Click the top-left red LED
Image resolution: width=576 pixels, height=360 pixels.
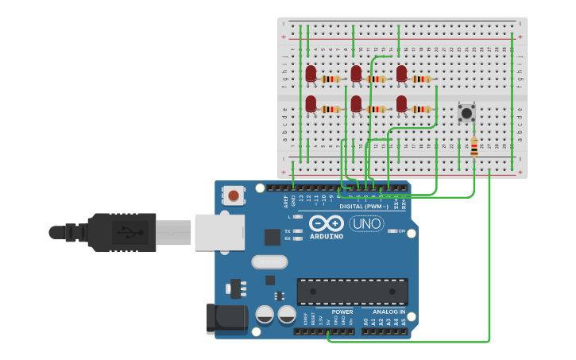(311, 74)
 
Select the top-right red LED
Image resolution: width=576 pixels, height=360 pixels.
(401, 74)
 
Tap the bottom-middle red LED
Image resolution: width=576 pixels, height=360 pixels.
(356, 103)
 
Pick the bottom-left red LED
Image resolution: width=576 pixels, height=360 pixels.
(311, 103)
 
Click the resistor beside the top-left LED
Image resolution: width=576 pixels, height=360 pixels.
(331, 79)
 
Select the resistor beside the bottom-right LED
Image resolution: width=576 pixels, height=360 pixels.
(422, 109)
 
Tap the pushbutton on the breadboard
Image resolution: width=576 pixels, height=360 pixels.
(466, 113)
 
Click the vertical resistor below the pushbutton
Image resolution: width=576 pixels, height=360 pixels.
(474, 148)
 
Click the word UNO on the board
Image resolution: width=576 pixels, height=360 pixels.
(366, 224)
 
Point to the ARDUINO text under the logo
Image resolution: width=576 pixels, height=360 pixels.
(327, 237)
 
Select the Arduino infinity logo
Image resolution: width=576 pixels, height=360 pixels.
(327, 223)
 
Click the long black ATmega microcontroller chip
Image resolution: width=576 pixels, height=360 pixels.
(352, 292)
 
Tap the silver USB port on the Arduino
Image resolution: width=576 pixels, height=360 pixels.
(219, 232)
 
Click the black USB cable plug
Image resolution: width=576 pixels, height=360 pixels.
(119, 232)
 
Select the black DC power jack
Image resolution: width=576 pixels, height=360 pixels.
(226, 319)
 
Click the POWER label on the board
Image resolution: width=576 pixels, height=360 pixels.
(342, 312)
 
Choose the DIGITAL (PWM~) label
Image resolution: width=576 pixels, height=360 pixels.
(363, 207)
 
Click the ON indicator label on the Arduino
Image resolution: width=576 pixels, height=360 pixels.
(402, 231)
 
